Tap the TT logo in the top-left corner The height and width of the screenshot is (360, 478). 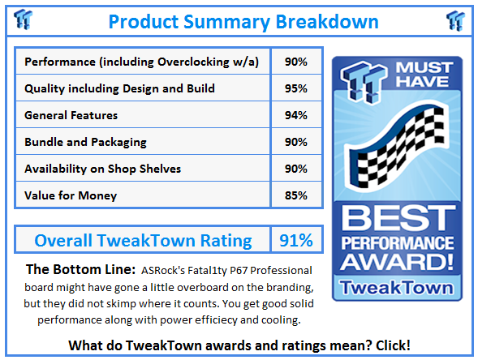pyautogui.click(x=24, y=19)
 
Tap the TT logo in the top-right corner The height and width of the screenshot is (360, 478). pyautogui.click(x=455, y=19)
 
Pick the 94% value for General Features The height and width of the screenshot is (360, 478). pyautogui.click(x=296, y=115)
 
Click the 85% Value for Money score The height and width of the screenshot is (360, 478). pyautogui.click(x=296, y=195)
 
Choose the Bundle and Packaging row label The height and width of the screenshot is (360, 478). pyautogui.click(x=86, y=142)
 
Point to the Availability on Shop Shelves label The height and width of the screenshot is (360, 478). pyautogui.click(x=103, y=169)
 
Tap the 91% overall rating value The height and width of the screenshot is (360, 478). pyautogui.click(x=296, y=241)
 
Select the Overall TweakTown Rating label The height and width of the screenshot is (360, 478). pyautogui.click(x=142, y=241)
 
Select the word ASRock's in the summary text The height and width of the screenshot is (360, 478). pyautogui.click(x=168, y=270)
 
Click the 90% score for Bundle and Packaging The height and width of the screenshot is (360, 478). pyautogui.click(x=296, y=142)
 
